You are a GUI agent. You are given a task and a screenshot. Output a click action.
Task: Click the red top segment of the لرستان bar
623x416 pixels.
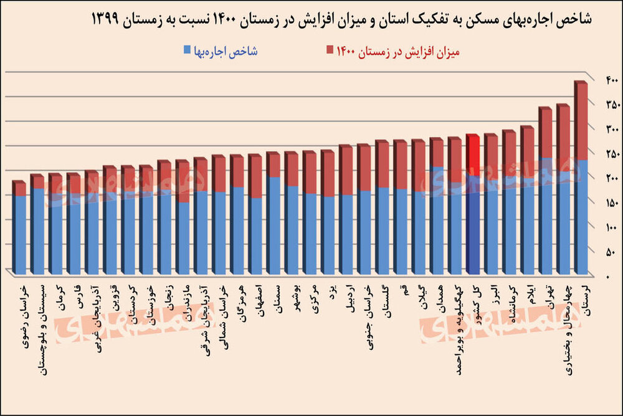coord(581,121)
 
